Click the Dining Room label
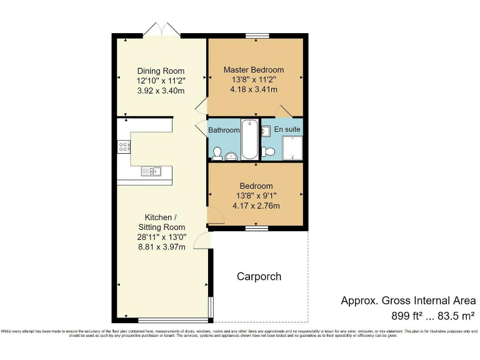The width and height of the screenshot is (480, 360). (161, 71)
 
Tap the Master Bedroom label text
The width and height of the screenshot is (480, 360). (254, 70)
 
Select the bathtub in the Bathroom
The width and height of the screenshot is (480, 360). (249, 139)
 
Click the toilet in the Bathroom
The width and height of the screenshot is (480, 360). (217, 151)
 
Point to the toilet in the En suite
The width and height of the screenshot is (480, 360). (267, 151)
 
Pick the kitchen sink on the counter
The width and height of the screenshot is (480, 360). (151, 171)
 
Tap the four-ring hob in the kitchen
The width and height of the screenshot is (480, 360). (124, 147)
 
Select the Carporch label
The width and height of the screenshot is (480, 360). (259, 276)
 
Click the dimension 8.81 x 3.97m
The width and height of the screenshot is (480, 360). (161, 247)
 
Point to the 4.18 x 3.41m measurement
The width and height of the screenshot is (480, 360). (254, 90)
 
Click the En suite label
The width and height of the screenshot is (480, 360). (288, 129)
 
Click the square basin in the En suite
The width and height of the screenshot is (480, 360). (265, 131)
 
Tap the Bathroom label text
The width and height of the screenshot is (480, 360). (224, 130)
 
